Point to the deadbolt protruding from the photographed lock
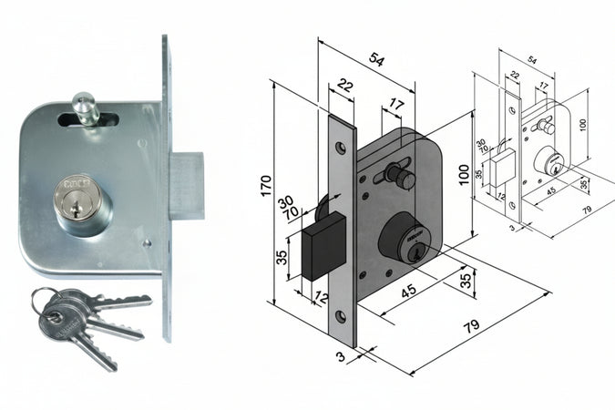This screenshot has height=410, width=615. pos(186,186)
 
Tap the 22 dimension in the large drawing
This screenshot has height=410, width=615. pos(344,86)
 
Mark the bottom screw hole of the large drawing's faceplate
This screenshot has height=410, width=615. pos(340,315)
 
